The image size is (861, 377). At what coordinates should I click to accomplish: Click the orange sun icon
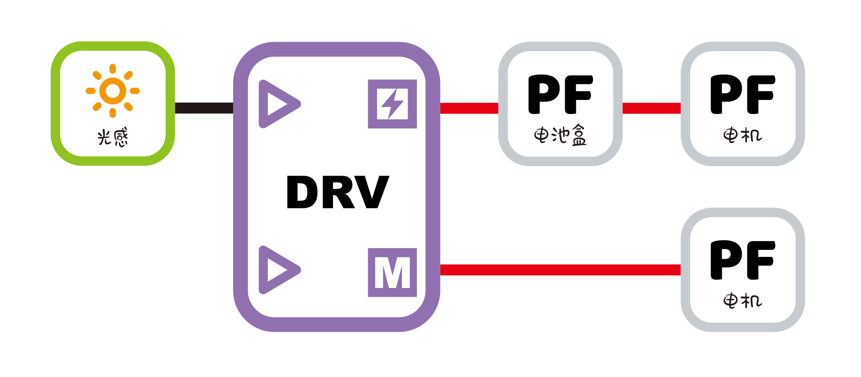pyautogui.click(x=113, y=91)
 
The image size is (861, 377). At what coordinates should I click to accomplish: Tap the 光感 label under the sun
pyautogui.click(x=113, y=137)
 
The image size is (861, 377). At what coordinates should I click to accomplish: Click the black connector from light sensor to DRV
pyautogui.click(x=204, y=108)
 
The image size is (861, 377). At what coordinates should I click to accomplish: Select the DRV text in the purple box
pyautogui.click(x=337, y=192)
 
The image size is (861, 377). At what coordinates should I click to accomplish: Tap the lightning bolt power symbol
pyautogui.click(x=392, y=104)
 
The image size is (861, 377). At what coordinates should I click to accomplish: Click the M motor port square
pyautogui.click(x=392, y=272)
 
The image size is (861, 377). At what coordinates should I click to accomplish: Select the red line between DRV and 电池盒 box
pyautogui.click(x=469, y=108)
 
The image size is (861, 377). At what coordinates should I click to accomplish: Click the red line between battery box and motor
pyautogui.click(x=651, y=108)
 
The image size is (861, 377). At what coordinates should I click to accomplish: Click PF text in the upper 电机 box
pyautogui.click(x=742, y=94)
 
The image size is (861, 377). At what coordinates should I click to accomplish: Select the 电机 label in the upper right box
pyautogui.click(x=742, y=135)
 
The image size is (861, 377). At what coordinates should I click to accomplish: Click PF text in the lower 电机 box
pyautogui.click(x=742, y=260)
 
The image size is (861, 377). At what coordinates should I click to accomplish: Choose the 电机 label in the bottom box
pyautogui.click(x=742, y=301)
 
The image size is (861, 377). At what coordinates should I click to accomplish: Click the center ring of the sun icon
pyautogui.click(x=113, y=91)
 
